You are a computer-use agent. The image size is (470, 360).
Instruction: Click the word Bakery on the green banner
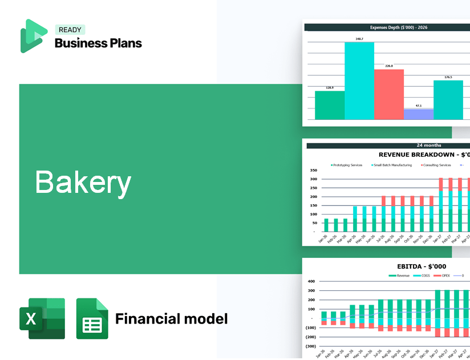83,183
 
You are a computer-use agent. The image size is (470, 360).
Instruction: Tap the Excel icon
42,318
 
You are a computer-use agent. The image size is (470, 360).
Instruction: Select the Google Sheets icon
92,318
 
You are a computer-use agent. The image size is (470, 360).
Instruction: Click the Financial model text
171,318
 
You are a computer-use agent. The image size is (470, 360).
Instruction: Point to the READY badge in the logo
70,30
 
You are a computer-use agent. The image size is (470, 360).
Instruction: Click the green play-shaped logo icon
33,36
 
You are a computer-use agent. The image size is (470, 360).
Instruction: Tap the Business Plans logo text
98,43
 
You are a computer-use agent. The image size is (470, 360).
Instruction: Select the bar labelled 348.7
359,80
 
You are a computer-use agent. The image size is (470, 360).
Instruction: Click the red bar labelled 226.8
389,94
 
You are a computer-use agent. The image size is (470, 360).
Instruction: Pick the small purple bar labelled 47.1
419,114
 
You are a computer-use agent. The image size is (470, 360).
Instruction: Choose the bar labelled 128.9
330,105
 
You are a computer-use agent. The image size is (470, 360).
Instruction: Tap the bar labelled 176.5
448,100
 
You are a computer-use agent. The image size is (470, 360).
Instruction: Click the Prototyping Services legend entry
347,165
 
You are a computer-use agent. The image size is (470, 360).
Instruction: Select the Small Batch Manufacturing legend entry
393,165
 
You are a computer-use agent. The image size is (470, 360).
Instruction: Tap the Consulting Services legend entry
436,165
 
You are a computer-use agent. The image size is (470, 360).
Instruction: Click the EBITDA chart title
422,266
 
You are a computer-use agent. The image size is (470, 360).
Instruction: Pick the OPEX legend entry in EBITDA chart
445,276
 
